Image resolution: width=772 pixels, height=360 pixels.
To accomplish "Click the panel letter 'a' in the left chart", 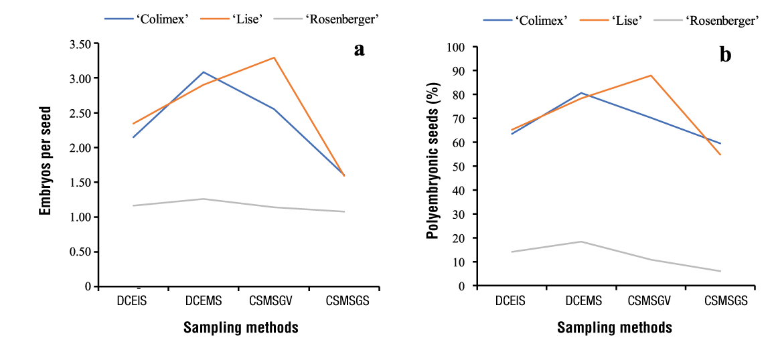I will [x=359, y=50].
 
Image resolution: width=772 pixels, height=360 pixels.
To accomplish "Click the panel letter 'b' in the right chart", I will [x=725, y=55].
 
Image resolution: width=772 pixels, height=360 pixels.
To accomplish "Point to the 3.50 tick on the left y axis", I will [x=79, y=44].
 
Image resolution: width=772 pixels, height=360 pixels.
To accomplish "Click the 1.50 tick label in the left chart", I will [x=79, y=183].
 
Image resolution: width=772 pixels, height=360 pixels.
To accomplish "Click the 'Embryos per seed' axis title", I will [x=46, y=161].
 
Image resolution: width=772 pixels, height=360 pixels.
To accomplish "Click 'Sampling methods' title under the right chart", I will [x=614, y=328].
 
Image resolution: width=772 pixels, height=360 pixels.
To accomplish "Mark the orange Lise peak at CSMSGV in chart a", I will [x=274, y=58].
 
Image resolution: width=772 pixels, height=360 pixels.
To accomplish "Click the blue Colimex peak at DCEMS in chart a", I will [x=203, y=72].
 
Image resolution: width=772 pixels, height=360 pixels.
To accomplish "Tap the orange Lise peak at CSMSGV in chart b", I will [x=650, y=76].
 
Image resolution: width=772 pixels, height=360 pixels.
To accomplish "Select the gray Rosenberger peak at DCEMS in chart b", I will [x=581, y=242].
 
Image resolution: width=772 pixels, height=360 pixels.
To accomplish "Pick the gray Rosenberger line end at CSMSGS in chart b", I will [x=720, y=271].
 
